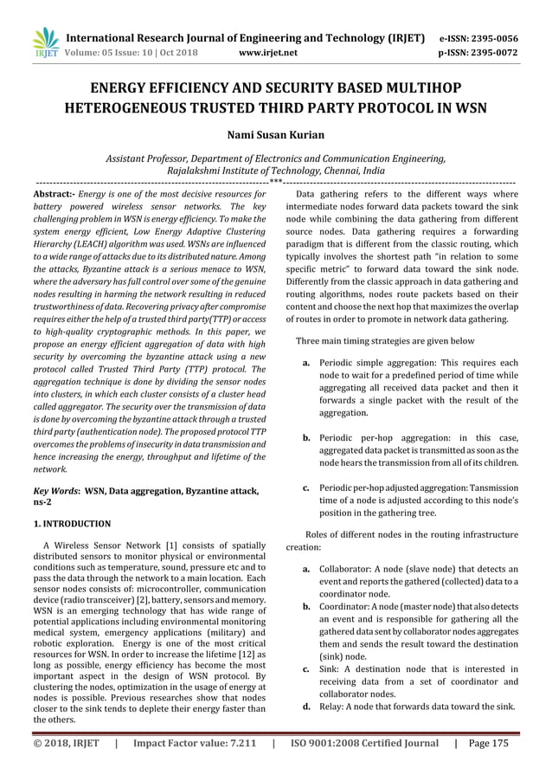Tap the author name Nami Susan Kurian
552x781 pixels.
pyautogui.click(x=275, y=136)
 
